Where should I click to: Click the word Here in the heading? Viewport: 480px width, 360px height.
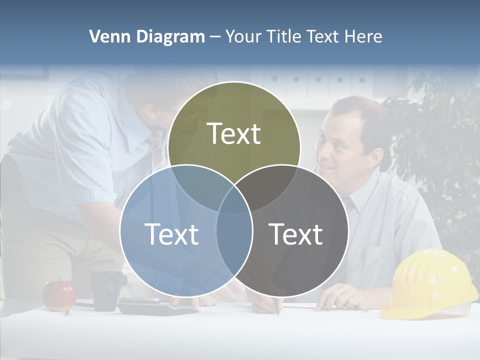(364, 36)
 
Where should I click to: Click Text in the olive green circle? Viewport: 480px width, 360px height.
(234, 133)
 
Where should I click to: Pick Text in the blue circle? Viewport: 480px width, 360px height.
(171, 233)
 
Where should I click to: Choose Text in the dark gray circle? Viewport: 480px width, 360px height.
(296, 233)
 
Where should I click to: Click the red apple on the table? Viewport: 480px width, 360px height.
(59, 295)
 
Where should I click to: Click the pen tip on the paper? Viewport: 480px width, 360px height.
(277, 313)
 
